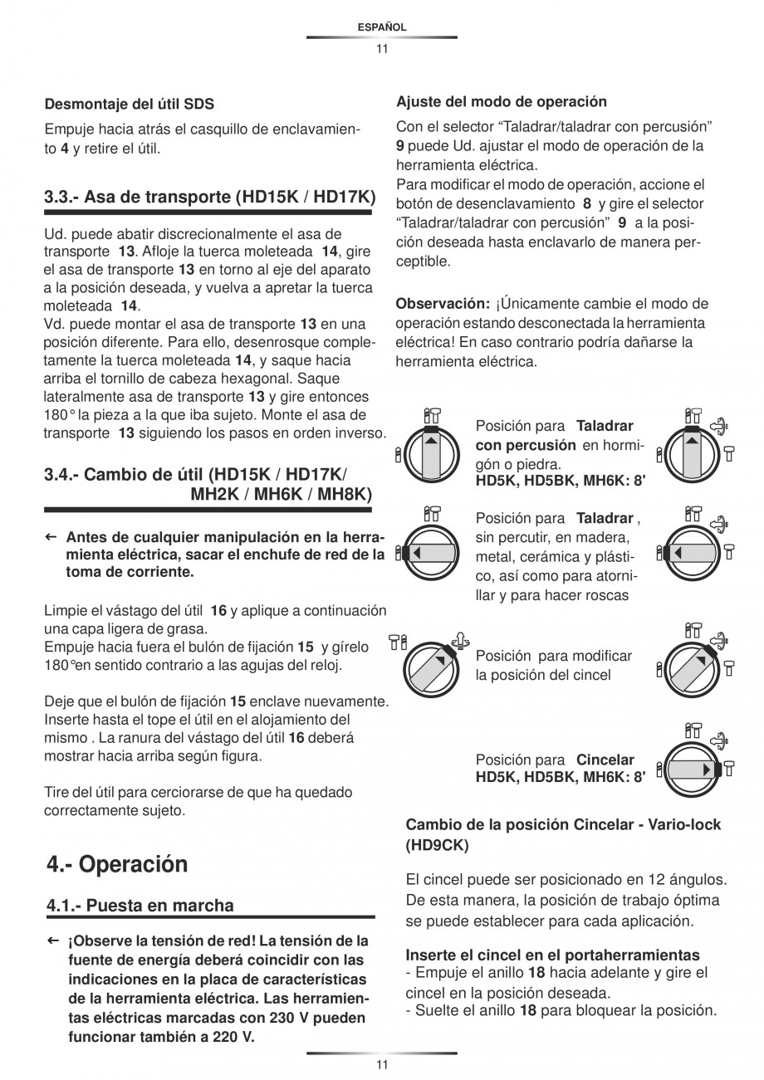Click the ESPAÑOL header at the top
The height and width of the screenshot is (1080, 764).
tap(381, 27)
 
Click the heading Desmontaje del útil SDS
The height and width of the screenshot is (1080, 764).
tap(129, 104)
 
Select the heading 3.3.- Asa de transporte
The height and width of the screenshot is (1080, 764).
tap(209, 198)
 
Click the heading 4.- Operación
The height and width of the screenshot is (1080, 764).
tap(117, 864)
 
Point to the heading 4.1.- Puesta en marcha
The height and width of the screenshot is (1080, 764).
tap(140, 905)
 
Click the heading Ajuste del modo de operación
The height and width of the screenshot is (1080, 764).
tap(502, 102)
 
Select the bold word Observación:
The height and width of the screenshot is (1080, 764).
tap(443, 304)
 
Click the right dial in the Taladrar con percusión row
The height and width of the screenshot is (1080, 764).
tap(692, 452)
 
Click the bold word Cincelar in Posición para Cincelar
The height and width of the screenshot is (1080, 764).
tap(605, 760)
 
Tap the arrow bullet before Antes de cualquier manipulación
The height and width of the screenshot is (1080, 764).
tap(51, 536)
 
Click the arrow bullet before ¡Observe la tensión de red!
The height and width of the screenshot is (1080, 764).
tap(51, 941)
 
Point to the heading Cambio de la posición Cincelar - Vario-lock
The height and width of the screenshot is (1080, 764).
tap(563, 825)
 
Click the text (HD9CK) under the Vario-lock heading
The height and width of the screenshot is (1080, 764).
tap(437, 846)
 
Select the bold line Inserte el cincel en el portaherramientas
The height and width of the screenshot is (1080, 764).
tap(552, 955)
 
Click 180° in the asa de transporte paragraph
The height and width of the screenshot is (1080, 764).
tap(60, 414)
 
